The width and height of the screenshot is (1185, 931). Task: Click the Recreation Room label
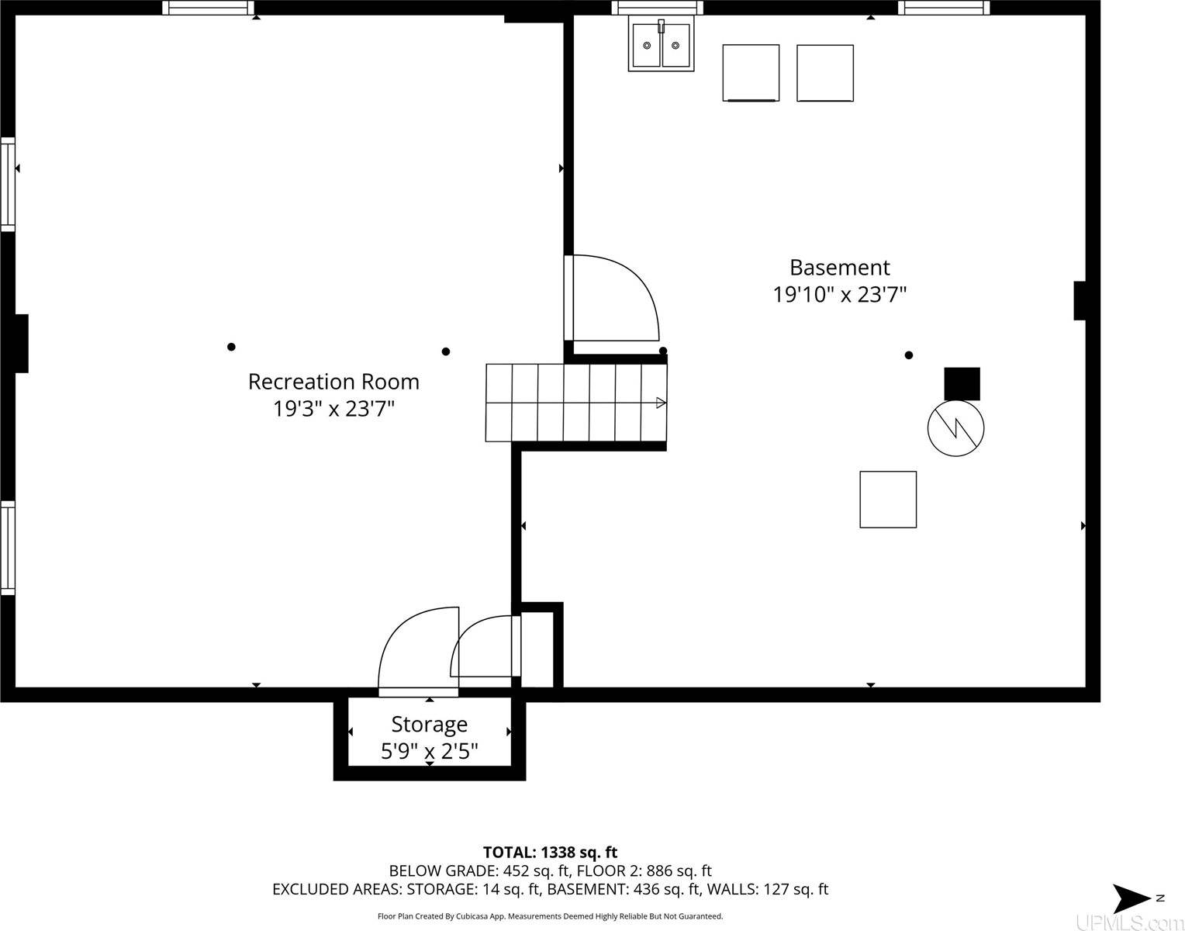pos(333,382)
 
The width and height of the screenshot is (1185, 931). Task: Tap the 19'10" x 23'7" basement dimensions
pos(839,295)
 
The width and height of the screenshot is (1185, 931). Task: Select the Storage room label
pos(429,724)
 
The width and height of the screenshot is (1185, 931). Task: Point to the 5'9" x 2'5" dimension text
pos(429,751)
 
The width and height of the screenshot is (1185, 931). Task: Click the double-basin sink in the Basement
pos(661,46)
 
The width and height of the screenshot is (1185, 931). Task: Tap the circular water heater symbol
pos(955,428)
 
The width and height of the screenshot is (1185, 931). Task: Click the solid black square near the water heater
pos(962,383)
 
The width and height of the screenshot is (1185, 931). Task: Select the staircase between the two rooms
pos(575,403)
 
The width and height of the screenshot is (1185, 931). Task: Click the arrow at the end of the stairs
pos(661,403)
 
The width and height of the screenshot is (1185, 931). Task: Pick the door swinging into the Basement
pos(613,299)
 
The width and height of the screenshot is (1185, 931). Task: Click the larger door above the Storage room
pos(417,650)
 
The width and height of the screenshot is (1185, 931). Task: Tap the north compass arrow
pos(1132,898)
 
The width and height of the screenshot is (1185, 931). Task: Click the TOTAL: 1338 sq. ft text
pos(550,852)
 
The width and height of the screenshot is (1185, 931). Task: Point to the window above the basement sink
pos(657,8)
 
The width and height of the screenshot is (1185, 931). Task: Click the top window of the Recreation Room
pos(208,8)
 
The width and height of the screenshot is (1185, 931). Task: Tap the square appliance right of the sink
pos(751,73)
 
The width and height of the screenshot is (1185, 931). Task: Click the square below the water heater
pos(888,500)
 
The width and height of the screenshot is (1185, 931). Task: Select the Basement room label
pos(839,268)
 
